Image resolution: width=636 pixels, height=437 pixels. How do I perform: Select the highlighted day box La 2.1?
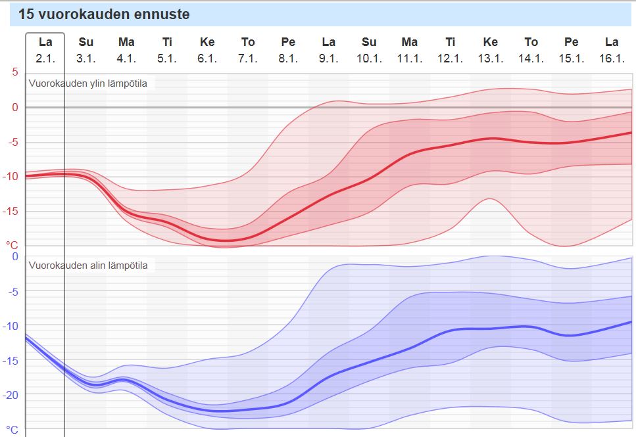45,50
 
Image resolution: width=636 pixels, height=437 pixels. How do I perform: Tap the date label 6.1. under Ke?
207,58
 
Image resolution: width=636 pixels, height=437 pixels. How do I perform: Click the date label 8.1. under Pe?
288,58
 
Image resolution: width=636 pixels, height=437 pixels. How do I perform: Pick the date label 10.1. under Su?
369,58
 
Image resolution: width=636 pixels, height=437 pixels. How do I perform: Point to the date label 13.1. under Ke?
490,58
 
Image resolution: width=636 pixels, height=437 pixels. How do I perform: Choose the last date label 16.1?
612,58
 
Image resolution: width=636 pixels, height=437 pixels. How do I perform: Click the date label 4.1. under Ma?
126,58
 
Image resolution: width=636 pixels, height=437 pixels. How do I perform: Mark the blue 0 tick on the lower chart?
15,256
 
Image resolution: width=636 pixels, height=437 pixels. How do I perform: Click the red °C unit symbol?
12,245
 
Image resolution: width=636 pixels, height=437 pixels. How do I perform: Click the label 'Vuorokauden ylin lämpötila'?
88,83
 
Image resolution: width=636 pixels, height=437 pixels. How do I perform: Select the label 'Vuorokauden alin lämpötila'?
88,265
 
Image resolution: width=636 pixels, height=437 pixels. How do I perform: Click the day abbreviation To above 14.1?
531,43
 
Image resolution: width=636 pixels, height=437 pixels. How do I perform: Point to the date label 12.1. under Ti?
450,58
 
